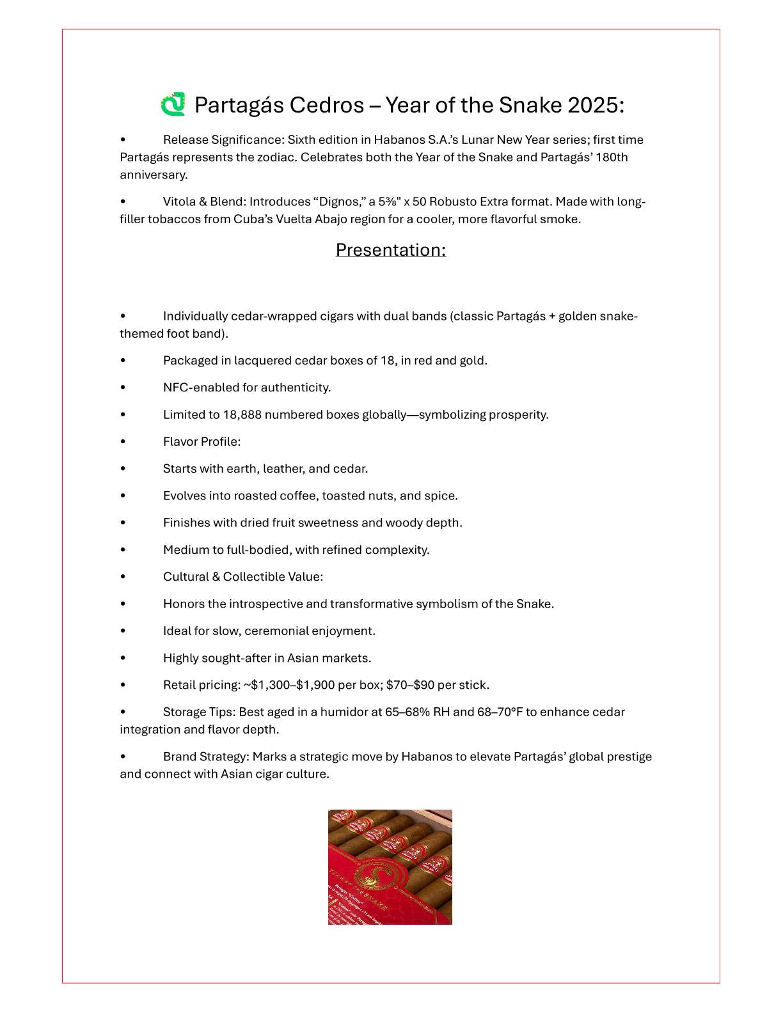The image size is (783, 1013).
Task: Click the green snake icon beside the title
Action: pyautogui.click(x=173, y=104)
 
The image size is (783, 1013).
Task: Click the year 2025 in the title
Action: pyautogui.click(x=595, y=105)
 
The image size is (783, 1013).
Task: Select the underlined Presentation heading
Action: pyautogui.click(x=390, y=249)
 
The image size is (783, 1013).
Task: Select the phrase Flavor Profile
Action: pyautogui.click(x=202, y=442)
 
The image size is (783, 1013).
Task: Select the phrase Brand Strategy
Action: pyautogui.click(x=205, y=757)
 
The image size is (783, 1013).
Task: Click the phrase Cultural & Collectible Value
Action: pyautogui.click(x=242, y=577)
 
